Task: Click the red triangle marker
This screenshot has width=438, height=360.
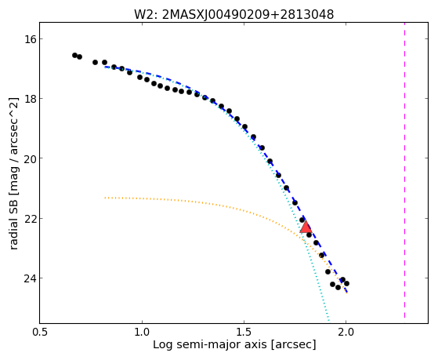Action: pyautogui.click(x=306, y=227)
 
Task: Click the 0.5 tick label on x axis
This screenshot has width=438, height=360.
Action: pyautogui.click(x=40, y=332)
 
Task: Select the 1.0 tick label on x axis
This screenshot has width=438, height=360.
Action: pyautogui.click(x=142, y=332)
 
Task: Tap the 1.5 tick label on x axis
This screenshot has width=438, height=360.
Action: pyautogui.click(x=244, y=332)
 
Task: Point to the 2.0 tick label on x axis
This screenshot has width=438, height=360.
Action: pyautogui.click(x=346, y=332)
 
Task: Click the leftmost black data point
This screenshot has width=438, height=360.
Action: pyautogui.click(x=74, y=55)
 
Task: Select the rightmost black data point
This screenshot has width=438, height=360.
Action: pyautogui.click(x=346, y=283)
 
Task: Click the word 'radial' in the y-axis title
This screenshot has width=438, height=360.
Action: pyautogui.click(x=13, y=235)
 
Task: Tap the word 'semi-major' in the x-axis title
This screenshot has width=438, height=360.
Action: pyautogui.click(x=210, y=344)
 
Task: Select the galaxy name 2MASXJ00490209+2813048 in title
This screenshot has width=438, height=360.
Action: pyautogui.click(x=248, y=15)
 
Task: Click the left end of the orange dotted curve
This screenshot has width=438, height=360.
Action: pyautogui.click(x=105, y=198)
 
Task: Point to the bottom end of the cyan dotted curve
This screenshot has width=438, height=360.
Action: pyautogui.click(x=328, y=320)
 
